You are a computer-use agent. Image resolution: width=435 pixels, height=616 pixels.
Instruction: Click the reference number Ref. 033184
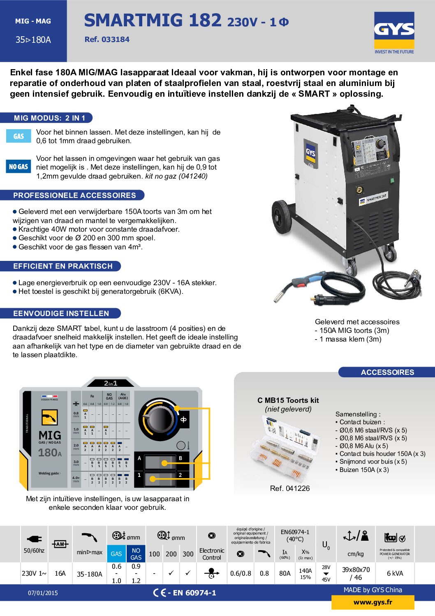107,40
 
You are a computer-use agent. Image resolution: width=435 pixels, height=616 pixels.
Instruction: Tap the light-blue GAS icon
19,136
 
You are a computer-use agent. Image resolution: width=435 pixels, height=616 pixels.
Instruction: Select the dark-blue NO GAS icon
19,167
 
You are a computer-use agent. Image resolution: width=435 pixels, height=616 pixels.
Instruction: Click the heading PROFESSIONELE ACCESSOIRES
74,195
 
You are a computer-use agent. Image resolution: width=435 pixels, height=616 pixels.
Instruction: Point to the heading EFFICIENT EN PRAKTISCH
62,266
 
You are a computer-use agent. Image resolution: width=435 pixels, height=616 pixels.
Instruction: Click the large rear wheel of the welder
282,217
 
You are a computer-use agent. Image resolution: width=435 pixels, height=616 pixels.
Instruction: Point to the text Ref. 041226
290,488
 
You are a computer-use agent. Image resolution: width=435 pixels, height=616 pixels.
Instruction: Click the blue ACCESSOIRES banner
387,372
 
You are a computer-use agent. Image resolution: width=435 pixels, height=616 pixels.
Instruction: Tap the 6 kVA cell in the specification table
395,573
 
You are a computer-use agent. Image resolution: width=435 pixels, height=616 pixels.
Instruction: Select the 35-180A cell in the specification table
90,574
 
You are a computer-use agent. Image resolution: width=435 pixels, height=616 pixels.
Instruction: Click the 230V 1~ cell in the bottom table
34,573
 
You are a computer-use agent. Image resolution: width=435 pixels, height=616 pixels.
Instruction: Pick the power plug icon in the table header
34,539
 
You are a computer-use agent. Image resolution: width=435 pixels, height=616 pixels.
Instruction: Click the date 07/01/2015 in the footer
43,593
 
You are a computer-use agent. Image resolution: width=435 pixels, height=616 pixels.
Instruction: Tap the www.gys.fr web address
373,602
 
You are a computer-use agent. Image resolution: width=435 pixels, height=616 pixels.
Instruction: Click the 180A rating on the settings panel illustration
50,453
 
